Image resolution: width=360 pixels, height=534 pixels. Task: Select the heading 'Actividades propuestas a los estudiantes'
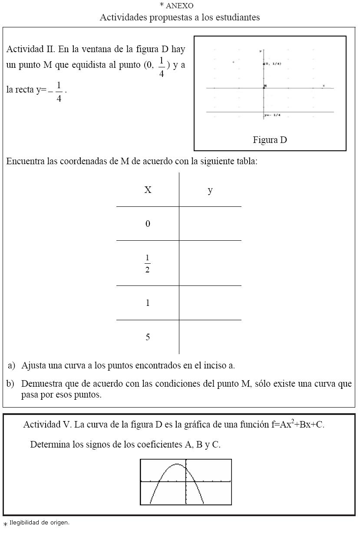(180, 17)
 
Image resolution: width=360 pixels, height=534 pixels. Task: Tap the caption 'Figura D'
(270, 140)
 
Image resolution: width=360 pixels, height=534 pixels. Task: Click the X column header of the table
(148, 190)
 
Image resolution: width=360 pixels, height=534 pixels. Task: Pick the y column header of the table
(210, 190)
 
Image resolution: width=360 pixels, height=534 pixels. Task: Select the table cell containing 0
(148, 224)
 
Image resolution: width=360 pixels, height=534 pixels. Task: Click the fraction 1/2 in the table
(148, 264)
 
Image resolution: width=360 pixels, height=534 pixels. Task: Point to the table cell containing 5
(148, 337)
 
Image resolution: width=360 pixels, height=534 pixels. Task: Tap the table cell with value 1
(148, 303)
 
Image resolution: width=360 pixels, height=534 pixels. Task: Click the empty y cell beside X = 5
(210, 337)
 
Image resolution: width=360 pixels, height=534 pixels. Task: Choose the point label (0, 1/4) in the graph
(273, 64)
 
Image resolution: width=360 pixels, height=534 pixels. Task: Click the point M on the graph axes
(264, 87)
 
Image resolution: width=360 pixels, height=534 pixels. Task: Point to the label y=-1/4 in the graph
(272, 115)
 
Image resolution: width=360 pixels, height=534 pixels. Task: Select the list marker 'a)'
(11, 365)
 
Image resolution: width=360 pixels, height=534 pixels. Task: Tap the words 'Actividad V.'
(47, 425)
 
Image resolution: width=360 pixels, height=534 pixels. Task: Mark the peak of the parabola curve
(177, 464)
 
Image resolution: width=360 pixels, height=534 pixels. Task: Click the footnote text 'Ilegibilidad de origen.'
(40, 522)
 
